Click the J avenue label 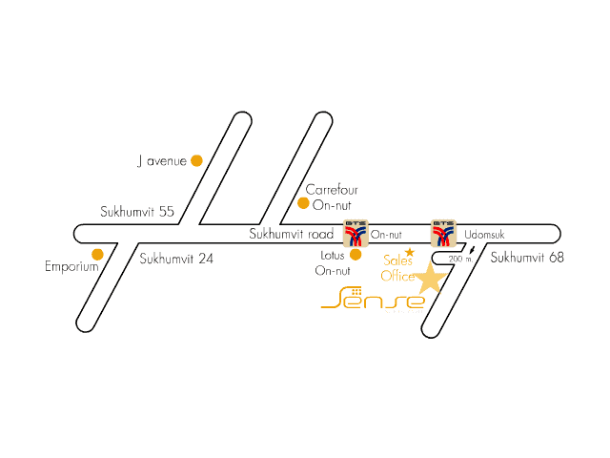(162, 161)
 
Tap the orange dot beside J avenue (197, 160)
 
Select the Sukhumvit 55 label (137, 212)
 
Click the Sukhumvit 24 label (176, 259)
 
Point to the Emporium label (72, 267)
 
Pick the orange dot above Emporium (97, 255)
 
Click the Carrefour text (332, 190)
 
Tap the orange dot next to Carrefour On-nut (303, 203)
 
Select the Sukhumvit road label (292, 234)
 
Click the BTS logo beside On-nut (356, 233)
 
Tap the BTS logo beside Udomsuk (443, 233)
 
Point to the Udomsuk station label (484, 235)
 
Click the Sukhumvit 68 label (527, 258)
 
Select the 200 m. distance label (460, 259)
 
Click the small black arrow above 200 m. (473, 250)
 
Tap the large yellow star (430, 279)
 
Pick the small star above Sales (410, 252)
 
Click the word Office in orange (397, 276)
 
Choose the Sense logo (373, 299)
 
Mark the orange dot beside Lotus (356, 255)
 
